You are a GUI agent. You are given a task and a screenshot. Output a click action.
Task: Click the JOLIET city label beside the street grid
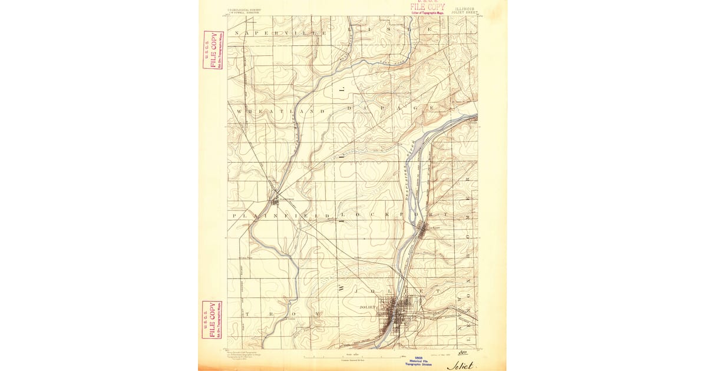pos(367,307)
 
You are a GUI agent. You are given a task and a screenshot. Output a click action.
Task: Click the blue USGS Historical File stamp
pos(419,360)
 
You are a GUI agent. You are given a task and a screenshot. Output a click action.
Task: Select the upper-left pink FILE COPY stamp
pos(213,49)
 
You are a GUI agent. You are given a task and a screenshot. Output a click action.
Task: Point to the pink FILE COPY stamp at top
pos(428,6)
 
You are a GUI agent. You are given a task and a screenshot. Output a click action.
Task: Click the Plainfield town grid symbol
pos(275,202)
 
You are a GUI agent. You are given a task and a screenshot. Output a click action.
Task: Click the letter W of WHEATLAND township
pos(239,111)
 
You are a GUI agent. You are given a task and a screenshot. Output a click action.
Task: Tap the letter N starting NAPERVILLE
pos(237,33)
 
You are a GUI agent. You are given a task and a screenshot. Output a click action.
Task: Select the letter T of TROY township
pos(248,314)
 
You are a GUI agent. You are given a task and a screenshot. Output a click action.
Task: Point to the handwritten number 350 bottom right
pos(463,353)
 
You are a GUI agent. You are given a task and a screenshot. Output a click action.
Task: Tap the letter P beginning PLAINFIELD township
pos(236,216)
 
